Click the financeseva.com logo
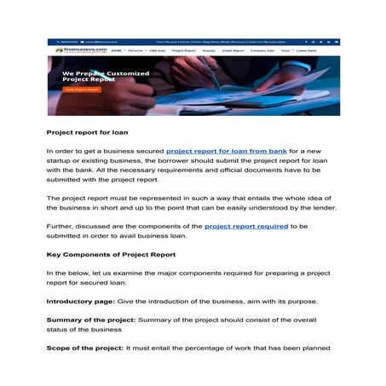(75, 51)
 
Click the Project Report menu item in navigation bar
(183, 51)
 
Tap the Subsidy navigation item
(210, 51)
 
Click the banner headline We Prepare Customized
(106, 73)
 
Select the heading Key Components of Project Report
(111, 255)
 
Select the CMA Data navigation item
(157, 51)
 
